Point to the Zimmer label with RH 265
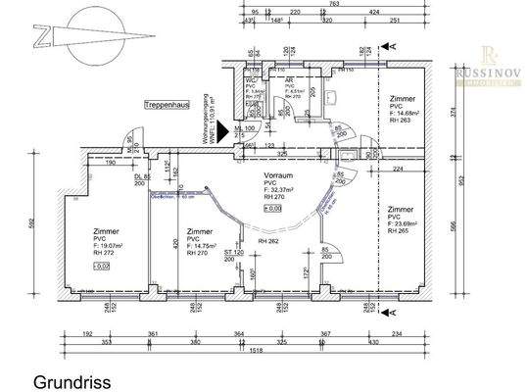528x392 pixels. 400,209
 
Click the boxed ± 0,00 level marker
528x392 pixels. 275,208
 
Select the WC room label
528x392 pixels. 251,80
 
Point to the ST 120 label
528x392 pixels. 232,252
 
